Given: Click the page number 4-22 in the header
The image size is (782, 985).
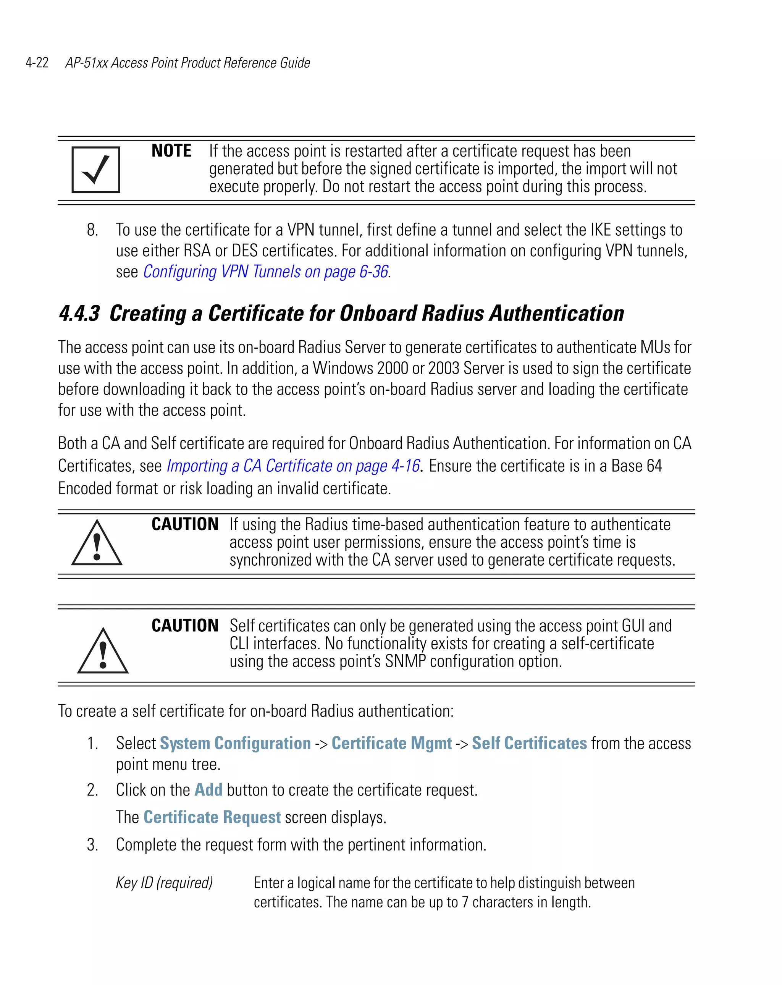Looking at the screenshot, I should [37, 63].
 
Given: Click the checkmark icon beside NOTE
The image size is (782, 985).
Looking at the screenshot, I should [96, 170].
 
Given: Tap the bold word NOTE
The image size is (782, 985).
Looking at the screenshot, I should [171, 151].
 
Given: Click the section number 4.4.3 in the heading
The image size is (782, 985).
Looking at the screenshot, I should [79, 314].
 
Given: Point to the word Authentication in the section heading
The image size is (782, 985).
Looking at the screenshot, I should [556, 314].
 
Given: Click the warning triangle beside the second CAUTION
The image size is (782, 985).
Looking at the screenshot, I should [103, 652].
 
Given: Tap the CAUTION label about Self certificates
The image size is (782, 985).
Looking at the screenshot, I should [185, 626].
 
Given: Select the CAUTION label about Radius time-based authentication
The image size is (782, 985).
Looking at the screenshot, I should [185, 524].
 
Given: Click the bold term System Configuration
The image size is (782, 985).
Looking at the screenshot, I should [235, 743].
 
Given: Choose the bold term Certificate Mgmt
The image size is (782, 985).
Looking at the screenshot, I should [391, 743].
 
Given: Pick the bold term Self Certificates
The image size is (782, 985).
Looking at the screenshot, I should [529, 743].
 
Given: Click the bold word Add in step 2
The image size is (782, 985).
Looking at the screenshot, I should [208, 790].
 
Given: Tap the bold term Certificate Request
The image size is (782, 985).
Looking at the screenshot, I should [212, 817].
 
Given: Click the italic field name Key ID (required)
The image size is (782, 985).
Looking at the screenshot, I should [165, 883].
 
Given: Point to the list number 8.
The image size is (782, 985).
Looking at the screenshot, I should [92, 230].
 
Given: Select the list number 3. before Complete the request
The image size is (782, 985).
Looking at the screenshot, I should [92, 845].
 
